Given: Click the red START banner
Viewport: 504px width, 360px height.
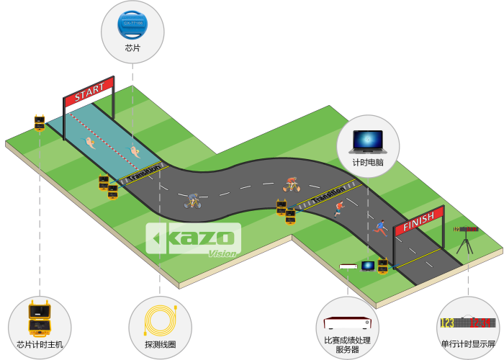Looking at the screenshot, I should point(89,93).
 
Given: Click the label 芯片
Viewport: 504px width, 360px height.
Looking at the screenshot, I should point(132,48).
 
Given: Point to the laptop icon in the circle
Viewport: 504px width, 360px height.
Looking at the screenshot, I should point(368,139).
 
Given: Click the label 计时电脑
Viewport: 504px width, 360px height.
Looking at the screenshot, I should point(368,163).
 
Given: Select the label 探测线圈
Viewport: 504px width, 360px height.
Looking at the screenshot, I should point(160,344).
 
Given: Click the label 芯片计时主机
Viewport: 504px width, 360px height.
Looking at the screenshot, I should point(40,344).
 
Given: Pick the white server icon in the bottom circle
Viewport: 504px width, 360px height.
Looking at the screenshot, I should point(347,321).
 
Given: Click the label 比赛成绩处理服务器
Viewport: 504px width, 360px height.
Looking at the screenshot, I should point(347,343).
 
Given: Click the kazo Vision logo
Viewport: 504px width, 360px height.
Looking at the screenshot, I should point(193,240).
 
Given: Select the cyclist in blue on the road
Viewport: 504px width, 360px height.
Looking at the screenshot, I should point(192,200).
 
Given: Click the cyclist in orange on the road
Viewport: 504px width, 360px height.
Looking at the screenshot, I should point(291,184).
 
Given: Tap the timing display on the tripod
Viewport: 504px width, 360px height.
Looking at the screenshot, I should point(466,230).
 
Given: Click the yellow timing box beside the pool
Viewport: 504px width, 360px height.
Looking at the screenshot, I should point(40,122).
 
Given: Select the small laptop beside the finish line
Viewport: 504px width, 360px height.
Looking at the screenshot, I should point(368,266).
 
